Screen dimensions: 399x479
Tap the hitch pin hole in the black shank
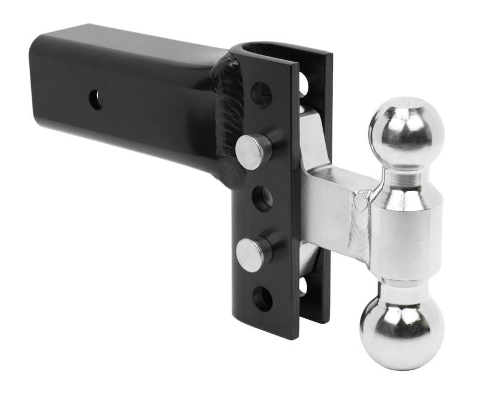[x=96, y=99]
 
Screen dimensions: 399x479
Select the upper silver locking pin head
[x=251, y=152]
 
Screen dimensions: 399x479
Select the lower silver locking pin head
[x=251, y=254]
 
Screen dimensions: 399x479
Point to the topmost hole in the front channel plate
[x=261, y=95]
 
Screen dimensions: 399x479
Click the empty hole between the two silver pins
[x=262, y=199]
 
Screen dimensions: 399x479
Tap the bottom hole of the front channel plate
[x=262, y=298]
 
